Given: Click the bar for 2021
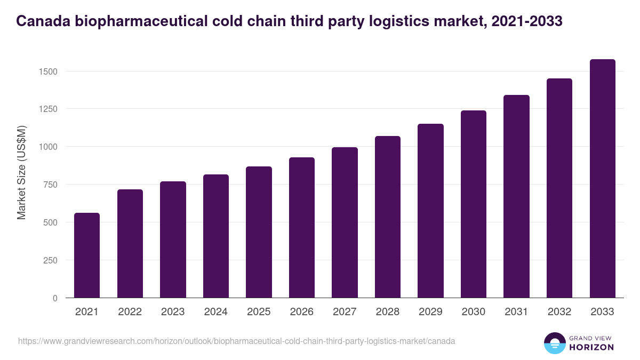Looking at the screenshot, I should (x=86, y=255).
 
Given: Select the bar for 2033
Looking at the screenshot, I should (x=602, y=179).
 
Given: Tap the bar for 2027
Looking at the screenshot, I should (x=345, y=222).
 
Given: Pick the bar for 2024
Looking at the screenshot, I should (x=215, y=236).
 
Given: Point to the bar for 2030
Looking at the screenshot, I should (x=474, y=204).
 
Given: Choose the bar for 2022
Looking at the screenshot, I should (x=130, y=244).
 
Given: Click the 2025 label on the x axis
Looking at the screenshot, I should (x=259, y=312).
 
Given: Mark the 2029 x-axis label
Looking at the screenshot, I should (x=430, y=312).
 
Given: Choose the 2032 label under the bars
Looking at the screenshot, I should (x=559, y=312).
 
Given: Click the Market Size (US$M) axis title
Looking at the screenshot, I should (x=21, y=172).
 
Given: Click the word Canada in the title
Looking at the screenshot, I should (x=42, y=21).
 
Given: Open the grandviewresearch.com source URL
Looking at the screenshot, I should (x=236, y=341).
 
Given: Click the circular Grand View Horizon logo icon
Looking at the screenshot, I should (x=554, y=343).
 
